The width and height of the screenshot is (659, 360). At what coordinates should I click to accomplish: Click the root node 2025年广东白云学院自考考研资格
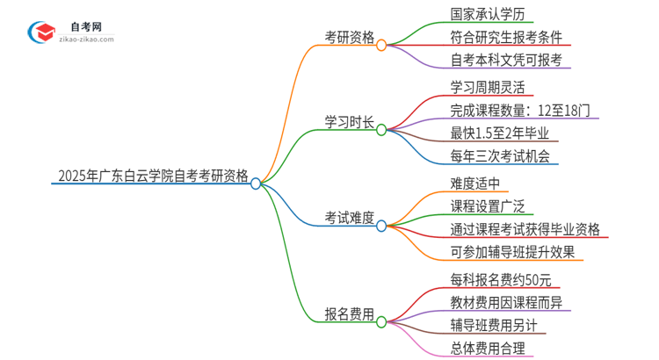(152, 175)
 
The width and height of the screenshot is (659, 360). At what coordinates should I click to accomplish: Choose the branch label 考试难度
(350, 216)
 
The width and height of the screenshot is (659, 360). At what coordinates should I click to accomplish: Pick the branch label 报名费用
(350, 313)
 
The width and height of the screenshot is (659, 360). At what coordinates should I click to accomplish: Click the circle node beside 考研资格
(381, 45)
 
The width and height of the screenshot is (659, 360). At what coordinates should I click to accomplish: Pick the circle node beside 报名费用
(381, 321)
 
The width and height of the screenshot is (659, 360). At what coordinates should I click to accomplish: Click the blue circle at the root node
(256, 184)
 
